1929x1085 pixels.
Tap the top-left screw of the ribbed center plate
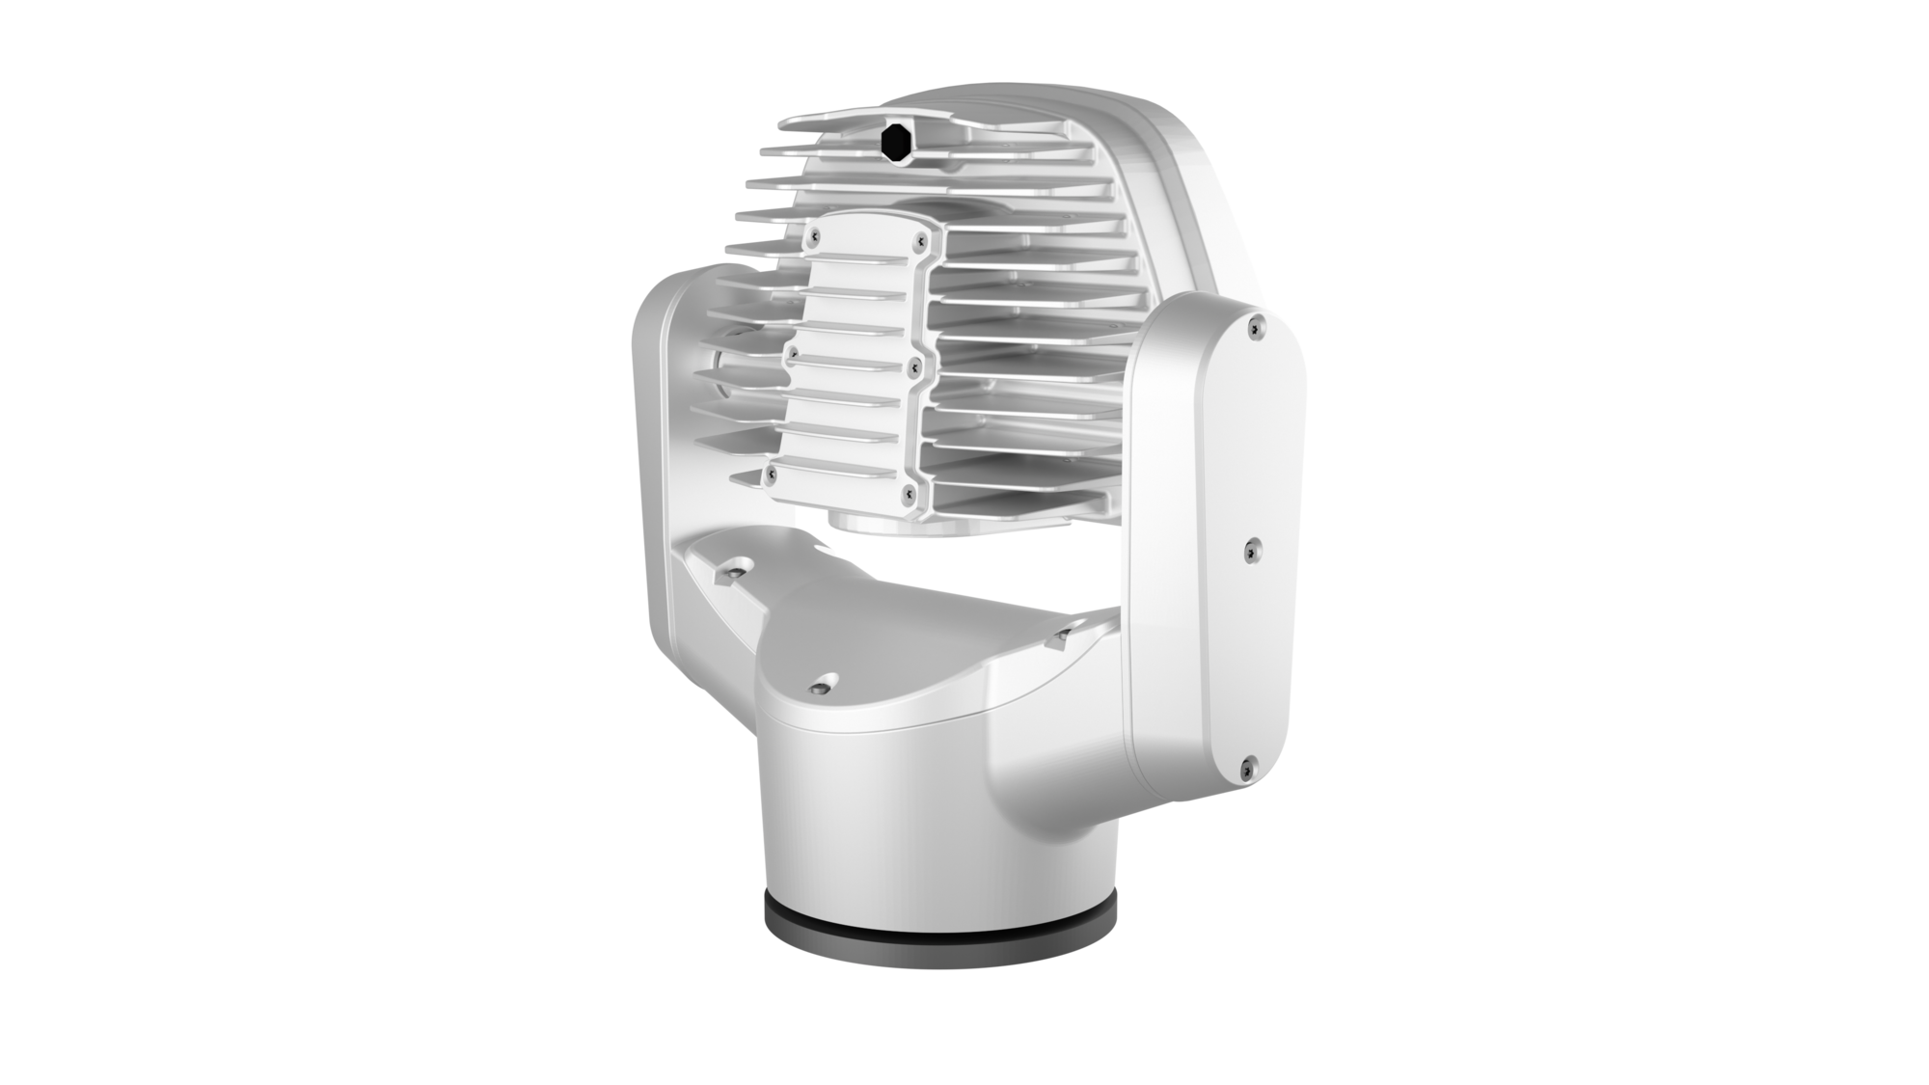(816, 234)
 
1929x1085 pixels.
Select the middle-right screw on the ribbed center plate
(910, 364)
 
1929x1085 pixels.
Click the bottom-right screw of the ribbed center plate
(905, 493)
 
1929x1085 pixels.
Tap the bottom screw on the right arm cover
(1245, 764)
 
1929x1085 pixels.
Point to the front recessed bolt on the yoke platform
(821, 687)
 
